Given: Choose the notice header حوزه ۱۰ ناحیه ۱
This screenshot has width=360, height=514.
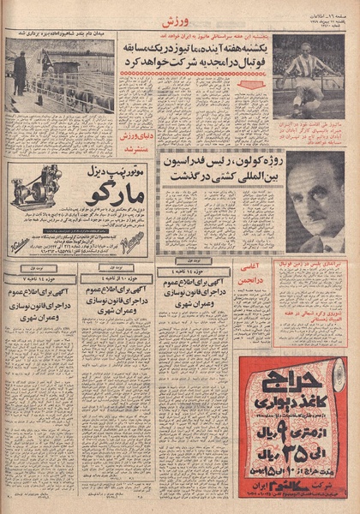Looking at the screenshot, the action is [116, 278].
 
